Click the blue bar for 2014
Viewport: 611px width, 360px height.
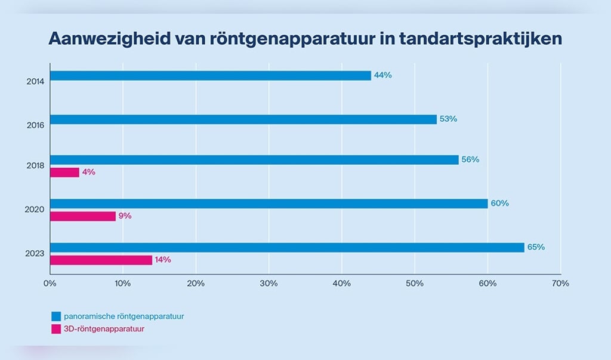point(210,76)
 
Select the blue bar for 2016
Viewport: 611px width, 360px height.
point(243,119)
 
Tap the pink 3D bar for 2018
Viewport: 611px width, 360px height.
point(64,173)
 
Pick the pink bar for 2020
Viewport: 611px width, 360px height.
point(82,216)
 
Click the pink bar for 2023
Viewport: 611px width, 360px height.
point(101,260)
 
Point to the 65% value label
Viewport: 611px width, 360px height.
point(536,247)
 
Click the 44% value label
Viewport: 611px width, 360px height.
point(382,75)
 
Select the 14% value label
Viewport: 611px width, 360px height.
point(163,260)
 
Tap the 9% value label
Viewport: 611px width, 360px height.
point(125,216)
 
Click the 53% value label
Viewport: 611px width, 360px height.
point(448,119)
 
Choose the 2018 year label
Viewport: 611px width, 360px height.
point(36,167)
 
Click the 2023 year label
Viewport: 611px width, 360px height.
point(36,254)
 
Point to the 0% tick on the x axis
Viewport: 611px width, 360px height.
point(50,284)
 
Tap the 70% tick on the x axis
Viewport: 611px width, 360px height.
point(561,284)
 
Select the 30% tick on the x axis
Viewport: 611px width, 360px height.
point(269,284)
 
